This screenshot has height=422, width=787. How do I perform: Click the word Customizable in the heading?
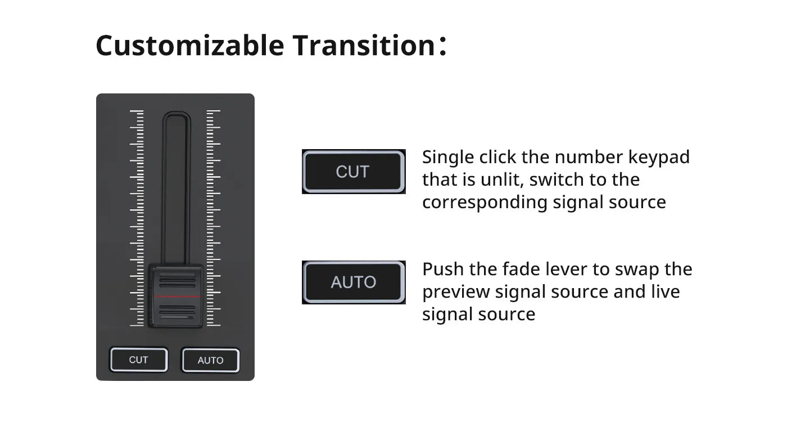pyautogui.click(x=190, y=45)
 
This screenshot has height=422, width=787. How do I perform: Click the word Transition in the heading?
pyautogui.click(x=364, y=45)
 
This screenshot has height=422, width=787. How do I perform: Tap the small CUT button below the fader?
pyautogui.click(x=139, y=360)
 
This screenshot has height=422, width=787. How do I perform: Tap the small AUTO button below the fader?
pyautogui.click(x=210, y=360)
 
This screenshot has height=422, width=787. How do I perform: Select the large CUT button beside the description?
pyautogui.click(x=354, y=172)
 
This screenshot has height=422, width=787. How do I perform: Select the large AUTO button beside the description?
pyautogui.click(x=354, y=282)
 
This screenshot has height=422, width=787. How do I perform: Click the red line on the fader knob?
pyautogui.click(x=177, y=297)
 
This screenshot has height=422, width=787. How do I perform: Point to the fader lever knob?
pyautogui.click(x=175, y=296)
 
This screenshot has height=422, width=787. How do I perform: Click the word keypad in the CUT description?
pyautogui.click(x=659, y=158)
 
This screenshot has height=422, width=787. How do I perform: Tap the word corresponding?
pyautogui.click(x=485, y=203)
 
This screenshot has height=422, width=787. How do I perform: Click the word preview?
pyautogui.click(x=456, y=292)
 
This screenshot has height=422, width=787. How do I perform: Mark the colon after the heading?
pyautogui.click(x=442, y=46)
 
